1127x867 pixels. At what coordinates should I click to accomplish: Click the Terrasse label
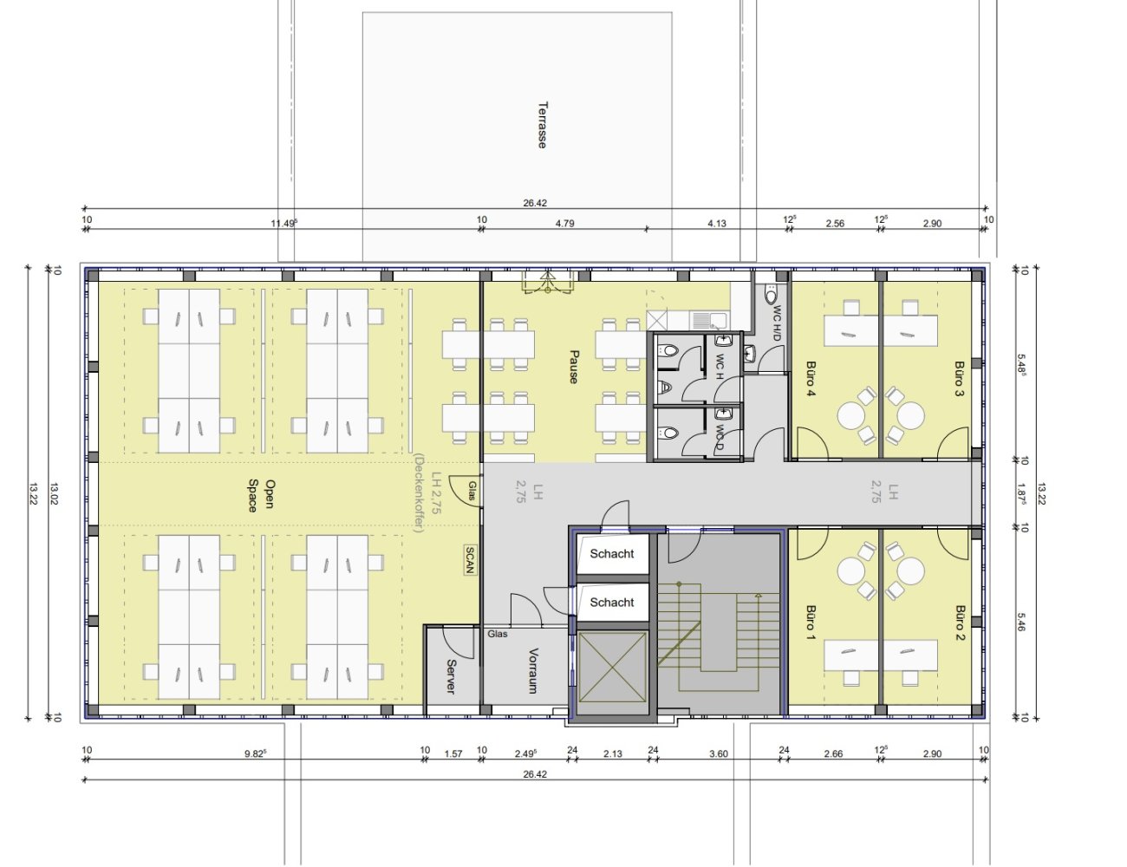coord(542,125)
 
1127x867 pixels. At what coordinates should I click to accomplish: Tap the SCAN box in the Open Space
coord(470,560)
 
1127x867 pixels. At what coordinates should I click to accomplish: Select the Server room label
coord(451,676)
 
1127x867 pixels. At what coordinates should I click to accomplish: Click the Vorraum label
coord(532,670)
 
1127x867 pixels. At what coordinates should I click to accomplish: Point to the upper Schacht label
coord(611,554)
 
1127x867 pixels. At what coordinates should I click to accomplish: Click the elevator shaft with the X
coord(612,667)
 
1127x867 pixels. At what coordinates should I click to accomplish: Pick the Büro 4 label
coord(810,379)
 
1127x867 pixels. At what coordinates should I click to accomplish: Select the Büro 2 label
coord(960,623)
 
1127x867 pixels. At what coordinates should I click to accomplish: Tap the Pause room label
coord(574,367)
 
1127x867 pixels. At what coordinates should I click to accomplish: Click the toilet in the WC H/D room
coord(772,295)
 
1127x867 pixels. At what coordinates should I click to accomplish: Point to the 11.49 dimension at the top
coord(283,224)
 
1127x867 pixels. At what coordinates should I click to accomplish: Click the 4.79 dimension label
coord(564,224)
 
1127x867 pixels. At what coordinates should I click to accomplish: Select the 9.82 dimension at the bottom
coord(255,753)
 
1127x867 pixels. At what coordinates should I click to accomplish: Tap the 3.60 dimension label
coord(719,753)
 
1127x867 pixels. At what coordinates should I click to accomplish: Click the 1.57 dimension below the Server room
coord(453,753)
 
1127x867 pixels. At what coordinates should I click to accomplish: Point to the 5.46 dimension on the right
coord(1021,622)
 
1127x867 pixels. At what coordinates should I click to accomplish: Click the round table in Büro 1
coord(851,571)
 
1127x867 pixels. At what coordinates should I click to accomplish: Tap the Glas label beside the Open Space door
coord(472,491)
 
